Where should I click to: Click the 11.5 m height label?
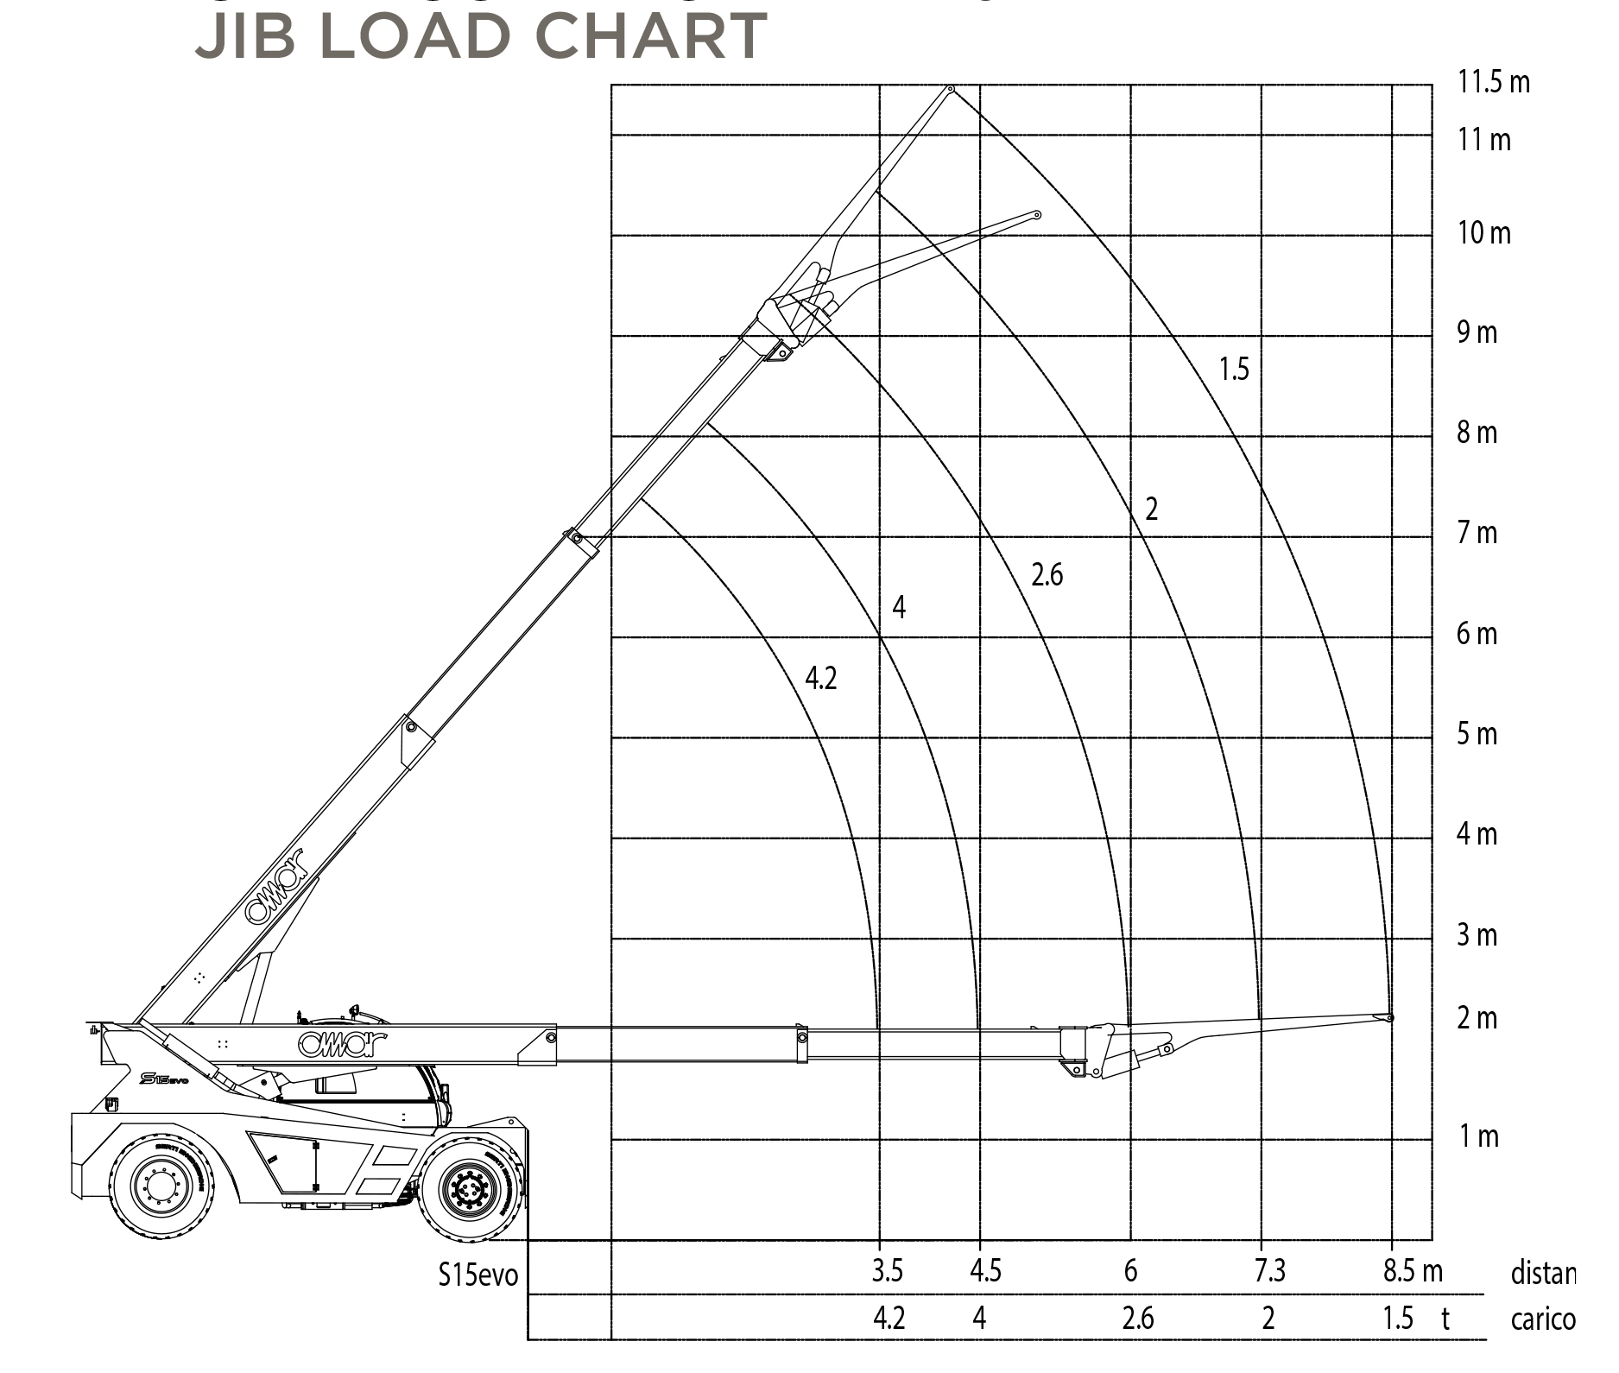[1494, 82]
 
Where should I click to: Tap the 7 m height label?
[1477, 533]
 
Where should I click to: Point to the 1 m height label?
[1479, 1136]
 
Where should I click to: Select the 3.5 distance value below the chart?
[887, 1270]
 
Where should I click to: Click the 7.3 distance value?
[1269, 1270]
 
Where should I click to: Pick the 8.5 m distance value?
[1413, 1270]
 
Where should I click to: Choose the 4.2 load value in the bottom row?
[889, 1319]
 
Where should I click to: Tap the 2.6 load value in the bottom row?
[1137, 1319]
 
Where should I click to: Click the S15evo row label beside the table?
[477, 1275]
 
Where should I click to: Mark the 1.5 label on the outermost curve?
[1234, 370]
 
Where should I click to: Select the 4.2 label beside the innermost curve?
[820, 678]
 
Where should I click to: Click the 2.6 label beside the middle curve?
[1047, 574]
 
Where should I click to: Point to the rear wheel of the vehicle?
[160, 1186]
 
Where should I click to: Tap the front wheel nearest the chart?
[470, 1190]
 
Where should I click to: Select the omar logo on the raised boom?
[275, 887]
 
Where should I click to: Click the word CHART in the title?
[650, 36]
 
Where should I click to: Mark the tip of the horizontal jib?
[1389, 1018]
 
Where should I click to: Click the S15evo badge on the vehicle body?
[163, 1079]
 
